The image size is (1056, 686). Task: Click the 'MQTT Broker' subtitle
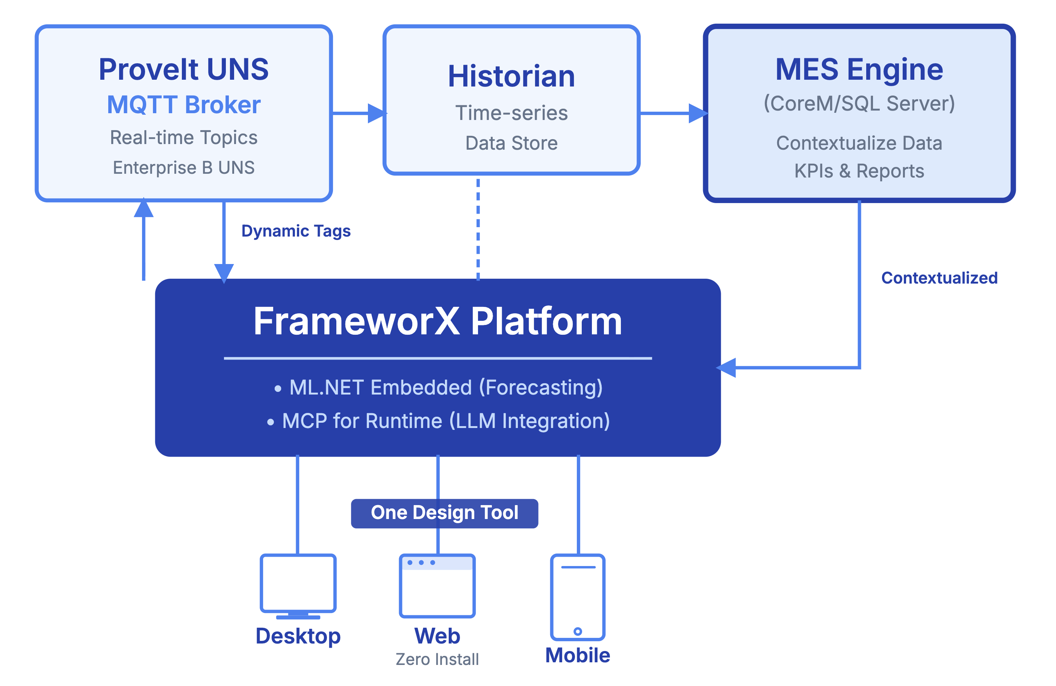pyautogui.click(x=184, y=105)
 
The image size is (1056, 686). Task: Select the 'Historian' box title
pyautogui.click(x=511, y=76)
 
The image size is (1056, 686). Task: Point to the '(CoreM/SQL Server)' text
pyautogui.click(x=859, y=103)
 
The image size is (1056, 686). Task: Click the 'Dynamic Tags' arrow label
pyautogui.click(x=296, y=231)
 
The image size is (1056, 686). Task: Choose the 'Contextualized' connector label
pyautogui.click(x=939, y=278)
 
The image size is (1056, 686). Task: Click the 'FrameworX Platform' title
pyautogui.click(x=437, y=321)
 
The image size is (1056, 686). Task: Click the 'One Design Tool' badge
pyautogui.click(x=444, y=513)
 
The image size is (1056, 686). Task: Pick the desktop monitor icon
pyautogui.click(x=298, y=585)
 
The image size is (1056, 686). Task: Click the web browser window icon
pyautogui.click(x=437, y=586)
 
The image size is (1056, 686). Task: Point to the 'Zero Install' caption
pyautogui.click(x=437, y=659)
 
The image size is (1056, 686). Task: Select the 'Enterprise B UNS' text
pyautogui.click(x=184, y=168)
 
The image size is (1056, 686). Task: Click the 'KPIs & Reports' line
pyautogui.click(x=859, y=171)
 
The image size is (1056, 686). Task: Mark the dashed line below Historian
pyautogui.click(x=478, y=229)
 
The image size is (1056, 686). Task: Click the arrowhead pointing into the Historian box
pyautogui.click(x=377, y=114)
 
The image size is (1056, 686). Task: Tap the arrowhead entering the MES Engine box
pyautogui.click(x=697, y=114)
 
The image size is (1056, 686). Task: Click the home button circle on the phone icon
pyautogui.click(x=578, y=631)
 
